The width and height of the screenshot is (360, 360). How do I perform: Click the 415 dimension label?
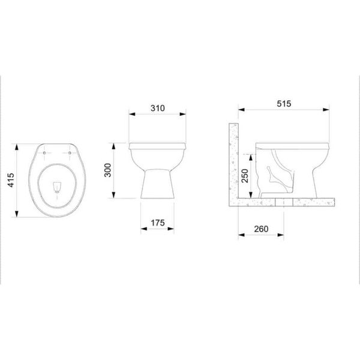[11, 180]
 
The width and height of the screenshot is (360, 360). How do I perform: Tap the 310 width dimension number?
[158, 108]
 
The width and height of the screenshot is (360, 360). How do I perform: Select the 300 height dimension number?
[107, 170]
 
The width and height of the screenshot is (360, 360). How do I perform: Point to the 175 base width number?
[158, 223]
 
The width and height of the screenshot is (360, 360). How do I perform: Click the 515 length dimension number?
[284, 104]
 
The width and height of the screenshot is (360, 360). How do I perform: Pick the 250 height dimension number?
[245, 176]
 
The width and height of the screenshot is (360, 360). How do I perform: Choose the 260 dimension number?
[261, 229]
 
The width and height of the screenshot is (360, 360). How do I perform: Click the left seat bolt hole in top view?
[44, 153]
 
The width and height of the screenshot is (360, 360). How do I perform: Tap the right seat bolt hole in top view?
[70, 153]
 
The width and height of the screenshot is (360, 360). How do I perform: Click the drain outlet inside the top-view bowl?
[57, 187]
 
